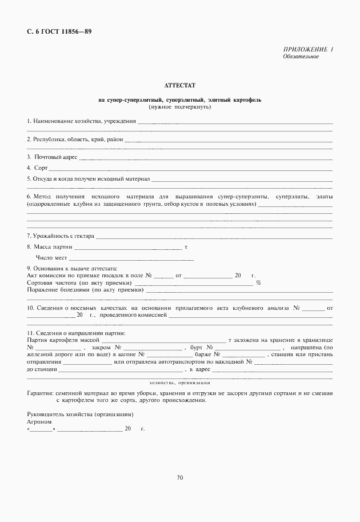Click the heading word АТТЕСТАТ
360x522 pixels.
tap(179, 85)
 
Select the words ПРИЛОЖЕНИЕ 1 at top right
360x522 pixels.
tap(307, 50)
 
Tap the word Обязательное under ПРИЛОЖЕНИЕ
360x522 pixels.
tap(301, 57)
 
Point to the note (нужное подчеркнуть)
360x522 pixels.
tap(179, 107)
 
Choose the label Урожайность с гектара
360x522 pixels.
tap(61, 236)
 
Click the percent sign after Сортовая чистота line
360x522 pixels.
tap(258, 282)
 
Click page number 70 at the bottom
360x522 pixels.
tap(179, 477)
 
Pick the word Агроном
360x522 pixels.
tap(39, 421)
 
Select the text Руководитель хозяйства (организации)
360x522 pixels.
tap(80, 413)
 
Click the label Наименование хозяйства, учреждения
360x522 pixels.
tap(81, 121)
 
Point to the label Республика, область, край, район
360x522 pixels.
tap(74, 140)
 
